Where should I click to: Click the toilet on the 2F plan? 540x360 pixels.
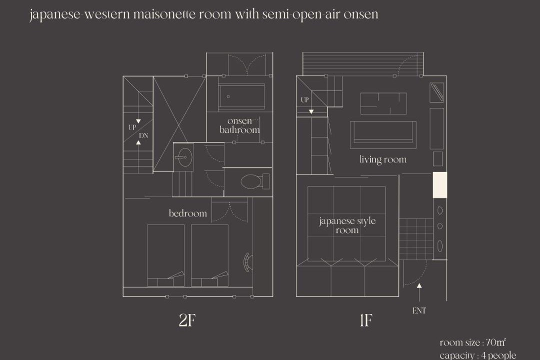point(254,181)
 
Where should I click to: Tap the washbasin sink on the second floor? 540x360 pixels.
point(183,157)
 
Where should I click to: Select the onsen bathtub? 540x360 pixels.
point(241,97)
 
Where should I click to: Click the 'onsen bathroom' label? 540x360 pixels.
point(239,125)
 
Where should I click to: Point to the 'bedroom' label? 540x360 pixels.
point(187,213)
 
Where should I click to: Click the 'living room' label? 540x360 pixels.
point(383,159)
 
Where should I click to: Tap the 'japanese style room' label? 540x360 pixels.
point(347,225)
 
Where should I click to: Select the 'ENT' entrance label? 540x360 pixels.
point(419,310)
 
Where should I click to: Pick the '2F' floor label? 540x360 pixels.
point(187,320)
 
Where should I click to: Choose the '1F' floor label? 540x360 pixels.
point(365,320)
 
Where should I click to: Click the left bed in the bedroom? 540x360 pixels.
point(165,255)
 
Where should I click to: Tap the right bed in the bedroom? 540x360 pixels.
point(209,255)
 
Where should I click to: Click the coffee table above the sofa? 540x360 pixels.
point(383,103)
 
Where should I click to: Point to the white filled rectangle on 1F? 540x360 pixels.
point(440,185)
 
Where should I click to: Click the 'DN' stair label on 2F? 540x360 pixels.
point(143,135)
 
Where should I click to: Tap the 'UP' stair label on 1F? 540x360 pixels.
point(305,100)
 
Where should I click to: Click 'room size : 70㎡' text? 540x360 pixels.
point(472,342)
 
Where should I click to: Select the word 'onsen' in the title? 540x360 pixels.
point(361,14)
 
